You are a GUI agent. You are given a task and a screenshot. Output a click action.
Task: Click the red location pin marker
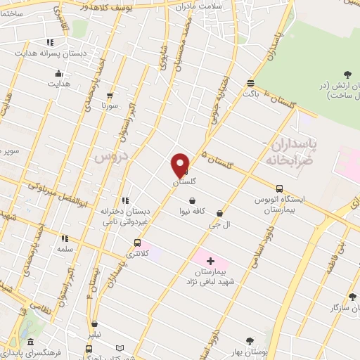(181, 165)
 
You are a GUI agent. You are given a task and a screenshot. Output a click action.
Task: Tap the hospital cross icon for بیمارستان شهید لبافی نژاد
(210, 262)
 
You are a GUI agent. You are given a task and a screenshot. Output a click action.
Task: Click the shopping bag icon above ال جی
(219, 213)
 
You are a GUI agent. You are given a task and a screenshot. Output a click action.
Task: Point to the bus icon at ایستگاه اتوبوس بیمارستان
(279, 188)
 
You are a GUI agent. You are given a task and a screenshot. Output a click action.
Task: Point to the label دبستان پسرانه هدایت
(50, 52)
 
